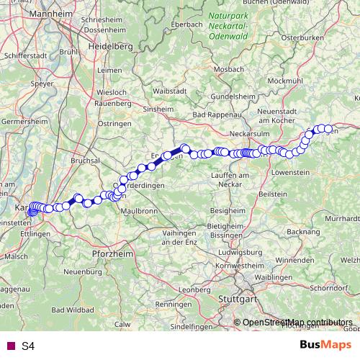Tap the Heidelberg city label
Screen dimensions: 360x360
[x=110, y=45]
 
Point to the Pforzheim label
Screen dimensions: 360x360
[x=111, y=254]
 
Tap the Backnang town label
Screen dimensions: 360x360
[x=302, y=232]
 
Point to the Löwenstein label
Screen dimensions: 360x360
[x=290, y=173]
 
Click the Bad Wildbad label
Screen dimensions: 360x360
[x=76, y=309]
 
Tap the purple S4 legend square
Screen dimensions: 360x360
[x=9, y=346]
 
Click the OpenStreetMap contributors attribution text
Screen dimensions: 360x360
[x=297, y=322]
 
